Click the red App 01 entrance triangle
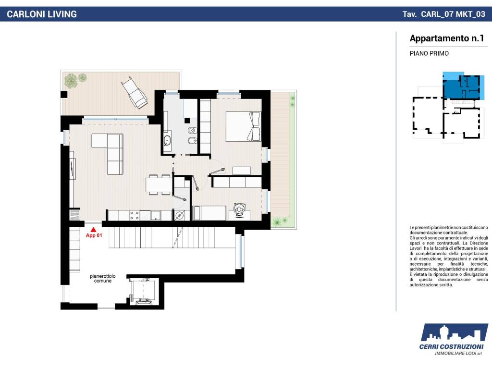click(93, 230)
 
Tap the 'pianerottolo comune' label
click(103, 278)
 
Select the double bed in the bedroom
click(243, 126)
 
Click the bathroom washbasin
click(167, 140)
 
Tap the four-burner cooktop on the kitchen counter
click(135, 215)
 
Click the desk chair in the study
click(240, 209)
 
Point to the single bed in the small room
click(209, 213)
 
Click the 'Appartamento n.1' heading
click(447, 38)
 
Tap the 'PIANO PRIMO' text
click(429, 53)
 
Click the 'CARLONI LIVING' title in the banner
click(42, 14)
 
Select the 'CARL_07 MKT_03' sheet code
click(453, 14)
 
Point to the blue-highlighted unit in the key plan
click(461, 86)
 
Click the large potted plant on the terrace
click(71, 81)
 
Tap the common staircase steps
click(172, 237)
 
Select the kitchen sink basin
click(156, 215)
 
